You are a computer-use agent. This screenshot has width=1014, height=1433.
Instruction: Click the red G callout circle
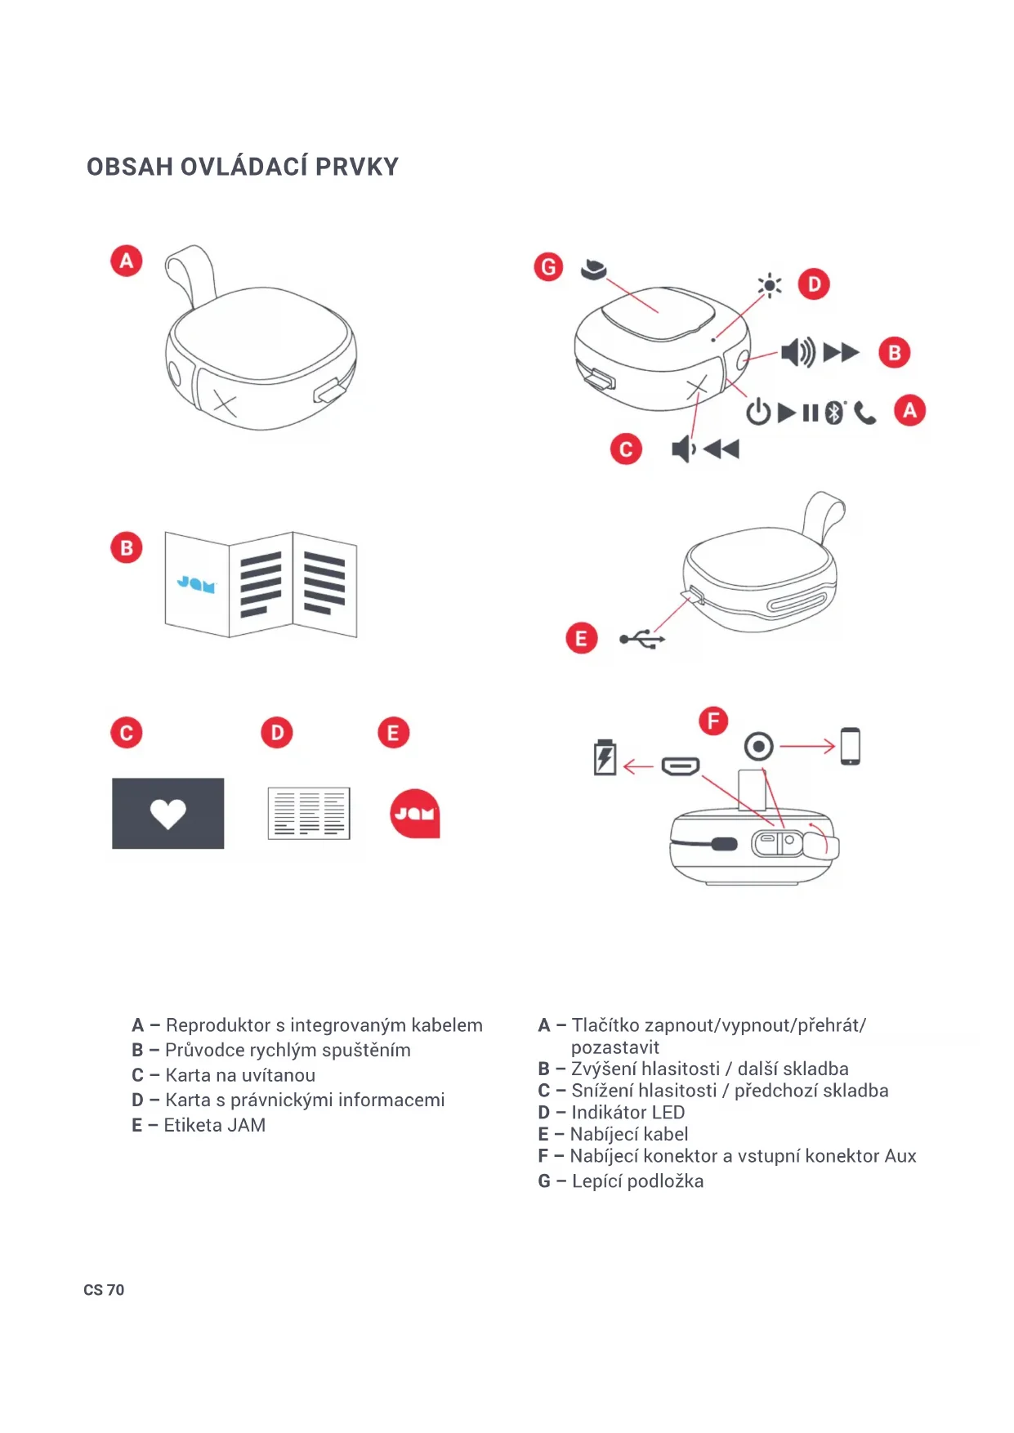[x=548, y=267]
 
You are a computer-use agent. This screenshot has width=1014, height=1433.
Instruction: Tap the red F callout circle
[x=713, y=721]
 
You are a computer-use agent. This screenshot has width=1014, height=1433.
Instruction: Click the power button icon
[x=758, y=412]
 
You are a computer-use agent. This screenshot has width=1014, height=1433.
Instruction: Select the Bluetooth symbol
[x=833, y=413]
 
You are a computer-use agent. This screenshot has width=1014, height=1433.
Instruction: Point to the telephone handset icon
[x=864, y=413]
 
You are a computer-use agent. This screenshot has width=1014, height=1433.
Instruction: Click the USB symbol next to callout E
[x=642, y=639]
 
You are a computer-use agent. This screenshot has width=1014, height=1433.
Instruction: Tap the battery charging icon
[x=605, y=757]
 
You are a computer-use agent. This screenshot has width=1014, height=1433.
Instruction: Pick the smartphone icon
[x=851, y=746]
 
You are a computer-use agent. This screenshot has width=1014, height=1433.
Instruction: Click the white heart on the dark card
[x=168, y=814]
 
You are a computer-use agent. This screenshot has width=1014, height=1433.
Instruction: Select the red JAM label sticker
[x=415, y=814]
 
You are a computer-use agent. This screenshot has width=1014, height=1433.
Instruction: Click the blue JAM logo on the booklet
[x=196, y=584]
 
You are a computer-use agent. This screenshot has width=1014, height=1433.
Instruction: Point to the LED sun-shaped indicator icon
[x=769, y=285]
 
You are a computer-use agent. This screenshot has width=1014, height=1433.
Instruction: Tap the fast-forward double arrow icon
[x=841, y=353]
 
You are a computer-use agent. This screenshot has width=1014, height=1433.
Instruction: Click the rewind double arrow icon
[x=721, y=449]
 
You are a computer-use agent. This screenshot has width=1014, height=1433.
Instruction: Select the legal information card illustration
[x=309, y=814]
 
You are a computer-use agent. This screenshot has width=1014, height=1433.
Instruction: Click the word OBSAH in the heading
[x=130, y=167]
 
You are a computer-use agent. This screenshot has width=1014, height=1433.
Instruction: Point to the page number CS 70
[x=104, y=1290]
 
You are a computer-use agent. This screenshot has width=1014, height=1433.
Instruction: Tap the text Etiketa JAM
[x=215, y=1125]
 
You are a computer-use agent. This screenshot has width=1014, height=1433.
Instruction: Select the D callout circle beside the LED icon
[x=814, y=284]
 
